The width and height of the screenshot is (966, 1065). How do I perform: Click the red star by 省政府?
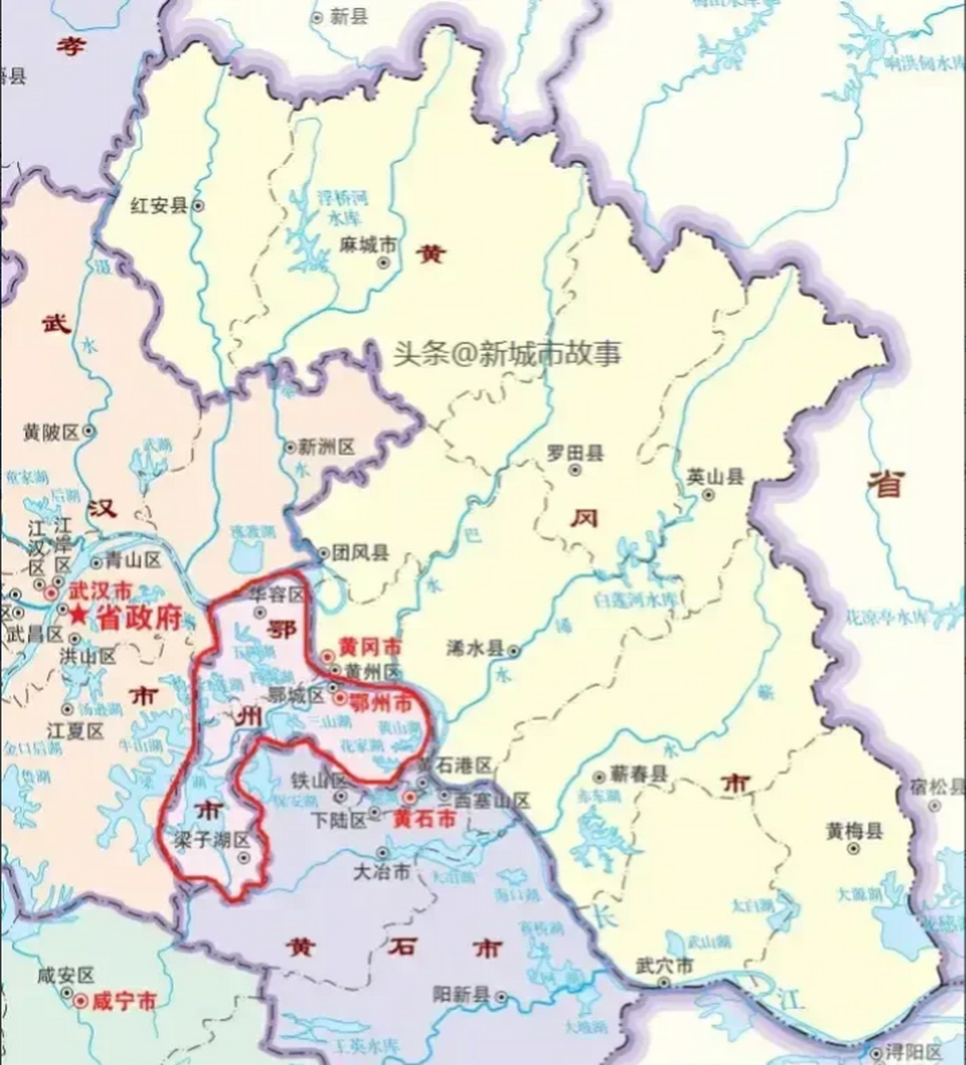[x=77, y=617]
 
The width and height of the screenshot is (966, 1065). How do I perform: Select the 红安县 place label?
[x=159, y=206]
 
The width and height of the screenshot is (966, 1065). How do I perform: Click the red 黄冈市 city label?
[x=369, y=647]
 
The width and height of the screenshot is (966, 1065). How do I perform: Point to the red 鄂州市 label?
[x=380, y=703]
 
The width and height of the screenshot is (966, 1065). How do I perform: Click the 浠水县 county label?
[x=475, y=649]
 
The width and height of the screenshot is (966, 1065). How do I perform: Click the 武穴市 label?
[x=663, y=966]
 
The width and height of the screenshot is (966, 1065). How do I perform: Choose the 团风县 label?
[x=360, y=552]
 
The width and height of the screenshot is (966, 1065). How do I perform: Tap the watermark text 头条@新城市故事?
[x=508, y=354]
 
